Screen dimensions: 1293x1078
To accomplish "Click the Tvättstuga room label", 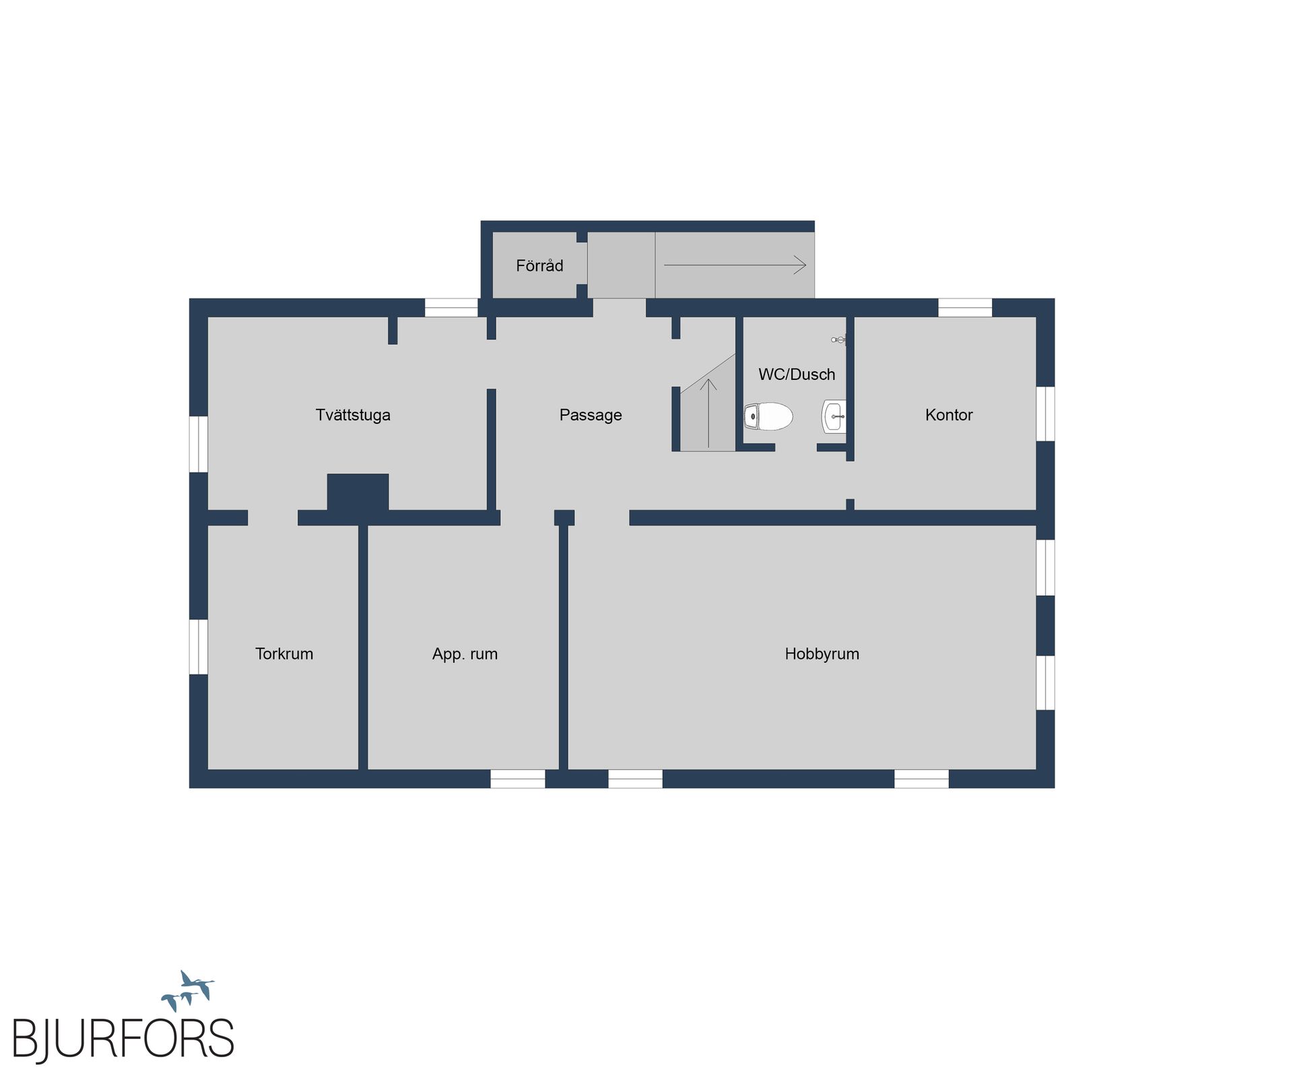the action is (353, 415).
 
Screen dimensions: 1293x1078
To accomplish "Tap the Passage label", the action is (591, 415).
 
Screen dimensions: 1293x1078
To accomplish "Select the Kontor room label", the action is (949, 415).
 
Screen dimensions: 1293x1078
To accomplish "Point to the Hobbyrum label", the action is (822, 654).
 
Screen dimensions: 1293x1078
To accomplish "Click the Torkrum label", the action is (284, 654).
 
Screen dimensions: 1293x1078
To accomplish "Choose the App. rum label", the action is (465, 654).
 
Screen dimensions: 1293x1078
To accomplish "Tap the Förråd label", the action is (539, 265).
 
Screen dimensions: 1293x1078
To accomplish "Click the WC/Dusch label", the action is (797, 375).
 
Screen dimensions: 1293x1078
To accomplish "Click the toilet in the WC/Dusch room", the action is (768, 416).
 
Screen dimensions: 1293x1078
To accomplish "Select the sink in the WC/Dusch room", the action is (834, 416).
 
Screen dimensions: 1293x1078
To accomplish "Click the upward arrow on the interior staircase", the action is (708, 413).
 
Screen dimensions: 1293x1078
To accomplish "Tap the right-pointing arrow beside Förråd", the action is (735, 265).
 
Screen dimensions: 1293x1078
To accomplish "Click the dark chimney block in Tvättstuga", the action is (358, 492).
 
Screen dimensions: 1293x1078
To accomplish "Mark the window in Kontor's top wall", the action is (965, 307).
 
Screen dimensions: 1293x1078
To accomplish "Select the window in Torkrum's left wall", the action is (199, 647).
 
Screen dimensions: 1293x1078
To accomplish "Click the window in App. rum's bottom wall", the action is (517, 779).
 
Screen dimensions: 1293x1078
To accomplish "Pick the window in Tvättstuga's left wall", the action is (199, 444).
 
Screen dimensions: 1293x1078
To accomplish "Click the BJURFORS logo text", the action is (123, 1039).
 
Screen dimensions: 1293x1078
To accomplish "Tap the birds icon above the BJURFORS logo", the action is (188, 990).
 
